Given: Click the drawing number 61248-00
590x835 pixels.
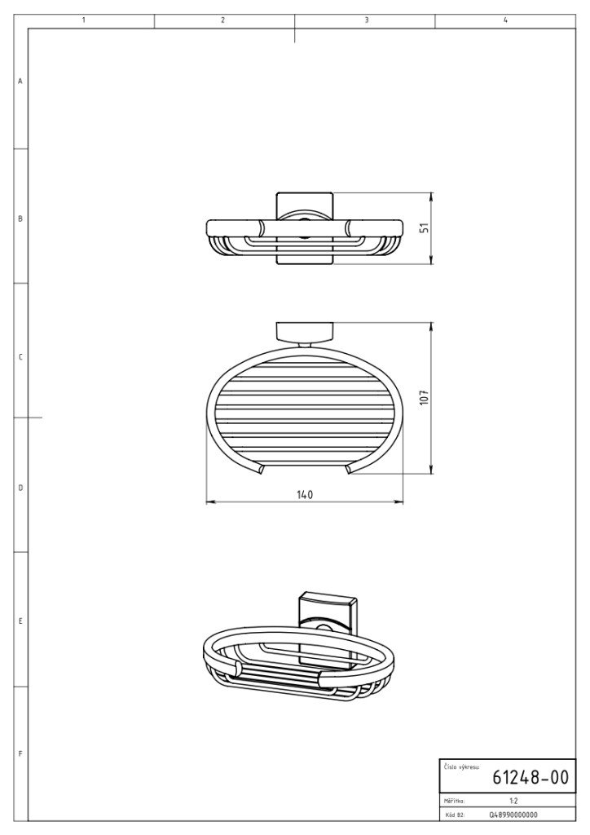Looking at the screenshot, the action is click(531, 777).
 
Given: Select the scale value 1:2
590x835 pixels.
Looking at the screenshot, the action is click(514, 801).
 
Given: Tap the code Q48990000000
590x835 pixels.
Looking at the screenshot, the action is click(513, 815).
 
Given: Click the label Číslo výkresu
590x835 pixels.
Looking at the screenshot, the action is click(461, 767).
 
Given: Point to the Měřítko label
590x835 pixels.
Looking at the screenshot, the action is click(454, 801).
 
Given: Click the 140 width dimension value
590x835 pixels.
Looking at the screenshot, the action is click(304, 494).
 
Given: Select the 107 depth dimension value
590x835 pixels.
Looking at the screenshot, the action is click(424, 398).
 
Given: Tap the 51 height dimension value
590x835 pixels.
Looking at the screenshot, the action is click(424, 228).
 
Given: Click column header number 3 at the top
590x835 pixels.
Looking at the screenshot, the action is click(367, 20).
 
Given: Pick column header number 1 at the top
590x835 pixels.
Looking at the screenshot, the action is click(83, 20).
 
